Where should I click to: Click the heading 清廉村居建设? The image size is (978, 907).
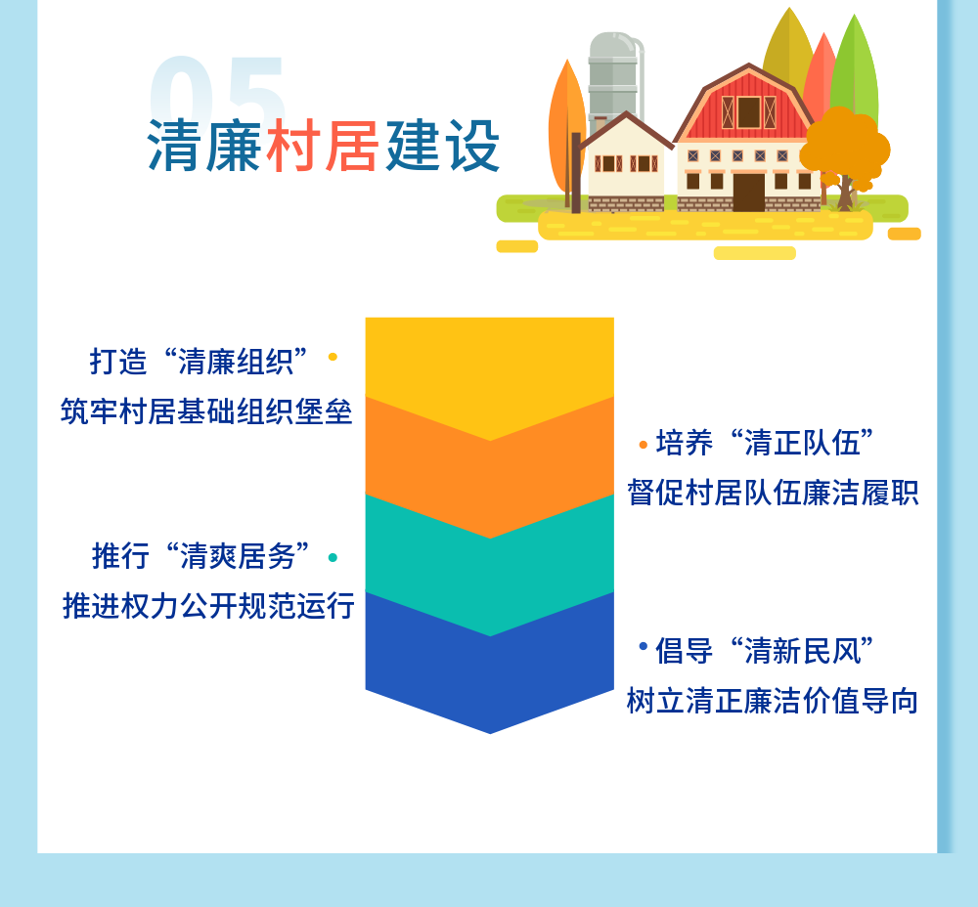point(324,146)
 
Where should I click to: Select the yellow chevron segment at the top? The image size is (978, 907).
point(490,367)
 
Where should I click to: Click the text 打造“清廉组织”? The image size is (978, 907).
point(199,361)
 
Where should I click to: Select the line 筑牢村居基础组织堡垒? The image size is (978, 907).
point(206,411)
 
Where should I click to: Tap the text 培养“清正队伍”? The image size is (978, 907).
point(765,443)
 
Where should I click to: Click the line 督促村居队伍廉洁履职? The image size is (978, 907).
point(773,493)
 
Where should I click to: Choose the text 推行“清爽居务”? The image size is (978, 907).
point(200,555)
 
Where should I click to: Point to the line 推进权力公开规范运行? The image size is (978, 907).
point(208,605)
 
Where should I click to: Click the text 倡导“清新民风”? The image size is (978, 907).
point(765,651)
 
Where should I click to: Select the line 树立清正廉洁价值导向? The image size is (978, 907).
point(773,701)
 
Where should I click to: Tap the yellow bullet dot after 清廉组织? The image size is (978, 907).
point(333,357)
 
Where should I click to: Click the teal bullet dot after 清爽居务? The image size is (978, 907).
point(333,557)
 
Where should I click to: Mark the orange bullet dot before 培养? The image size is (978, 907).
point(644,445)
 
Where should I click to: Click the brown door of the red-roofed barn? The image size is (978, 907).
point(748,193)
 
